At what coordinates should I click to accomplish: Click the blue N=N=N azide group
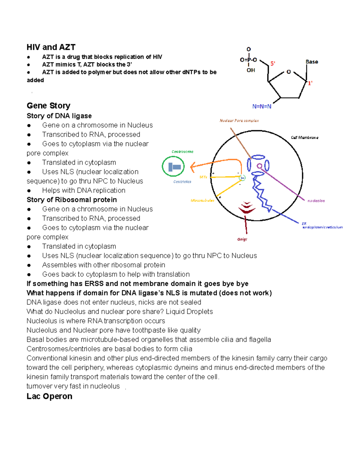[262, 107]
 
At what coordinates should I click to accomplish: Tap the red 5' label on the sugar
[273, 64]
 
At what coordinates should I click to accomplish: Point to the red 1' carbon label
[310, 83]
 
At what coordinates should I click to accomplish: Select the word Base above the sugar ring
[312, 62]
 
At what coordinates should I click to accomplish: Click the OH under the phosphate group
[251, 70]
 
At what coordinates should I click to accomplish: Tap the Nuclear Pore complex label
[239, 121]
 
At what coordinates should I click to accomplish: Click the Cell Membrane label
[304, 137]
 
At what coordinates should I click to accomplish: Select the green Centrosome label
[182, 152]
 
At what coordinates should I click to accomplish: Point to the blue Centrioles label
[182, 182]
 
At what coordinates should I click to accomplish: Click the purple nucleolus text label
[316, 201]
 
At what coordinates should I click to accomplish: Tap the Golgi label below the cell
[242, 239]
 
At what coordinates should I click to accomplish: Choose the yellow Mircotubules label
[202, 200]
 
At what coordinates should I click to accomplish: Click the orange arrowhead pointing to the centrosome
[193, 166]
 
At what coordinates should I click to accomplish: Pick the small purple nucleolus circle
[259, 166]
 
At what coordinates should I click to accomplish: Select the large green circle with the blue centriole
[173, 167]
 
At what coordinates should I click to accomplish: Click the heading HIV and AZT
[51, 47]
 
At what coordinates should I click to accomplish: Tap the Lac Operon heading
[49, 396]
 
